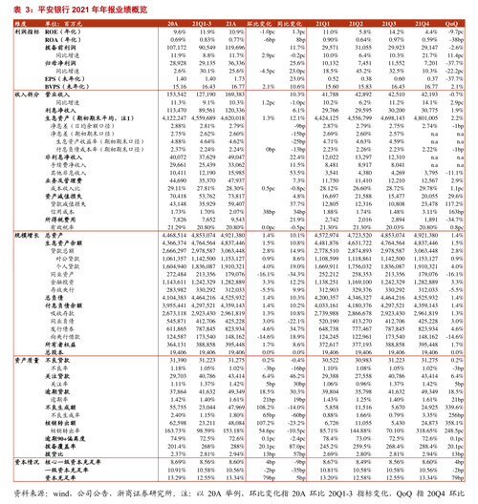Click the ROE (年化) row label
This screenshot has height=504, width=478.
tap(48, 31)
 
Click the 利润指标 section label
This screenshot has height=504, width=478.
tap(14, 31)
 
